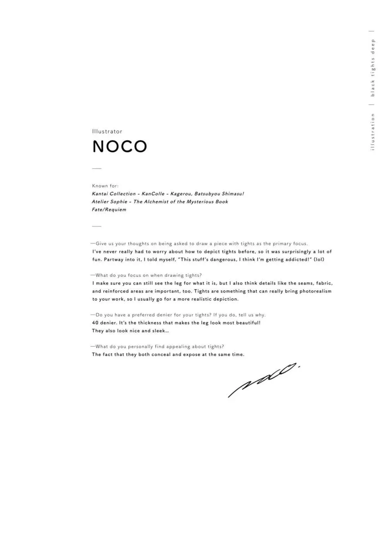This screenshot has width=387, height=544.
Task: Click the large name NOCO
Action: (x=120, y=146)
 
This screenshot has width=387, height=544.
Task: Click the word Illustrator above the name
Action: (x=107, y=132)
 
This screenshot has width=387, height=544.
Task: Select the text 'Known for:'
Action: (x=105, y=186)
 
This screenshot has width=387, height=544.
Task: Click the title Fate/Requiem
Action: (x=109, y=209)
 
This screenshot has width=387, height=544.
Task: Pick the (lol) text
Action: (x=319, y=259)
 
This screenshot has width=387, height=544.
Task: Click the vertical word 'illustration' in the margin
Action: (x=373, y=132)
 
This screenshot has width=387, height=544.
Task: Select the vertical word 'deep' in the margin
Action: (x=373, y=45)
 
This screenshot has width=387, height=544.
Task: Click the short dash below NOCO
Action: (x=97, y=168)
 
